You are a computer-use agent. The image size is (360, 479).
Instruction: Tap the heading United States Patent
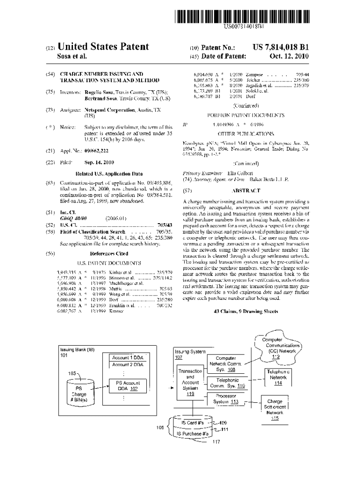tap(103, 47)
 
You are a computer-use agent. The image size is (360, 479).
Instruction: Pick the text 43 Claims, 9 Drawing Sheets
tap(246, 310)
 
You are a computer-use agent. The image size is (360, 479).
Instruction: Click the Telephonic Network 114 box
tap(278, 377)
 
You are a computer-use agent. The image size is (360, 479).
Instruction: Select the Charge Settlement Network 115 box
tap(274, 407)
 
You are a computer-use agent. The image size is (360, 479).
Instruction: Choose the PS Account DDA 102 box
tap(128, 385)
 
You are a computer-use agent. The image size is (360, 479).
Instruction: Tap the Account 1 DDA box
tap(128, 358)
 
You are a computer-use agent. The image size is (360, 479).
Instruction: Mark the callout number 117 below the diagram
tap(216, 442)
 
